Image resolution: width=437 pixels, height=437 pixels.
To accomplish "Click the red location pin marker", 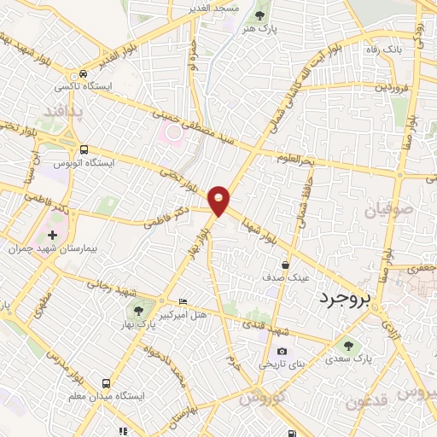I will point(219,200).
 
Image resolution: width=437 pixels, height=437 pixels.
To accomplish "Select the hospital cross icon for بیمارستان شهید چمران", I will point(53,235).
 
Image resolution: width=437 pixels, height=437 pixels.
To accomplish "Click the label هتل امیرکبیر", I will point(203,316).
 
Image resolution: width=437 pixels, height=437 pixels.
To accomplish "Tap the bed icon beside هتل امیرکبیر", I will point(183,302).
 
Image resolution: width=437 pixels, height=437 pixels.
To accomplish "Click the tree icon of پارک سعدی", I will point(347,345).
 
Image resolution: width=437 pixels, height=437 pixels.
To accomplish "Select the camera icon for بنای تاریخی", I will point(282,351).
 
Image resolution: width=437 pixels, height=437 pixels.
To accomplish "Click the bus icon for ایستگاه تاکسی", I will point(83,74).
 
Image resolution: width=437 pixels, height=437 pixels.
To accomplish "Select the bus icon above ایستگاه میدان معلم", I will point(106,383).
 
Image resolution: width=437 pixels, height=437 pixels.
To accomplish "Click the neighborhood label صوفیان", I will point(392,207).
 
